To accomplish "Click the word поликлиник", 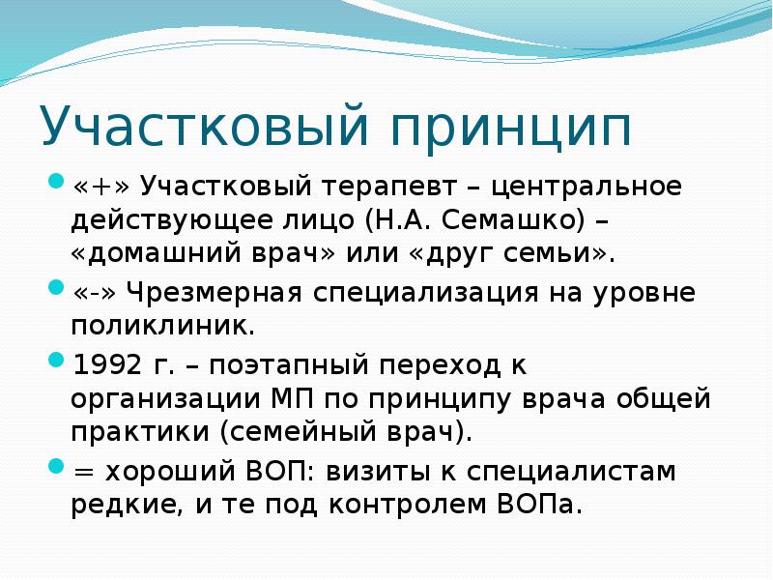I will coord(161,325).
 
